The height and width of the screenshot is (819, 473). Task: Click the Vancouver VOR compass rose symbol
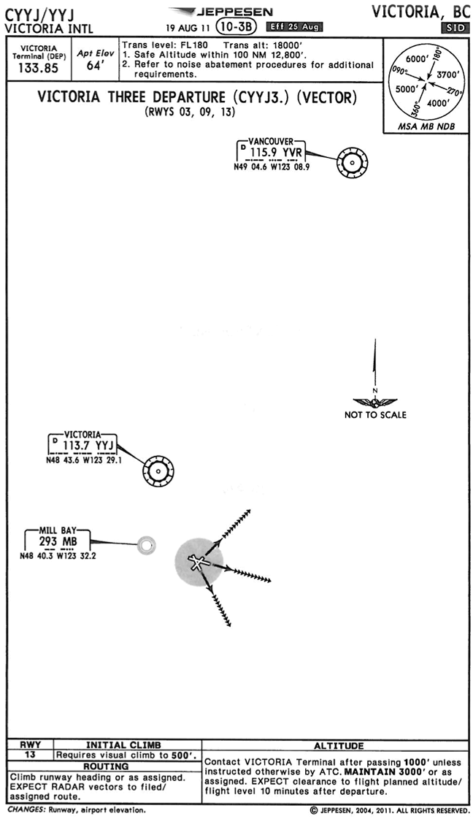353,162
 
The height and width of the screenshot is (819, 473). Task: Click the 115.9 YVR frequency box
274,153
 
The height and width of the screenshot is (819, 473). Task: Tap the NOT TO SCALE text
375,415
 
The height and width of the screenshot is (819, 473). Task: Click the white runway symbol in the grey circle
197,562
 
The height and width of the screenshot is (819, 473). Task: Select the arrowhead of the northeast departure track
248,511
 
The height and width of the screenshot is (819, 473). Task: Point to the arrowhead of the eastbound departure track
269,581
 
